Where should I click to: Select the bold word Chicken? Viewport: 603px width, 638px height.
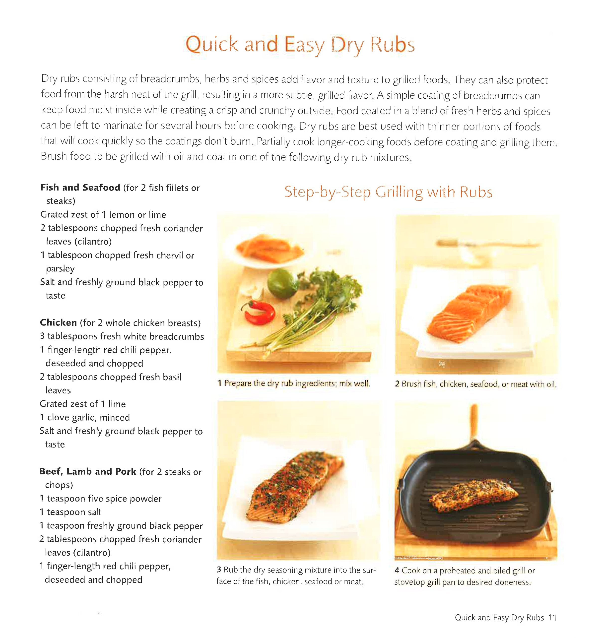click(x=58, y=322)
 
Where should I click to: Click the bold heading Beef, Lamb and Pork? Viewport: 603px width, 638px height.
click(x=88, y=471)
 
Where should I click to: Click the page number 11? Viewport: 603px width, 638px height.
click(x=552, y=617)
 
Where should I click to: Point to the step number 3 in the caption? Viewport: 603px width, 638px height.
click(x=219, y=570)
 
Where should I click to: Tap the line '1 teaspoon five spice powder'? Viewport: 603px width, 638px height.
click(x=100, y=499)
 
